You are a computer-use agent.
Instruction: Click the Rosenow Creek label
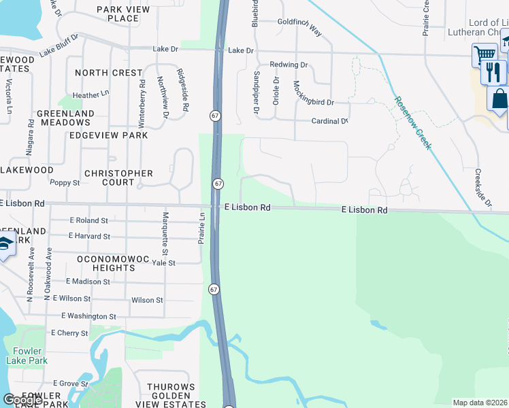click(412, 122)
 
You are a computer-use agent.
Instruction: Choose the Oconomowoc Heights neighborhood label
click(106, 263)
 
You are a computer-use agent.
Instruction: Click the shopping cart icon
click(485, 54)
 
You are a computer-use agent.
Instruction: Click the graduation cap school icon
click(5, 244)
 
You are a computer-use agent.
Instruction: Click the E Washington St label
click(88, 316)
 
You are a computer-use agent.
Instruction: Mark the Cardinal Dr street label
click(329, 122)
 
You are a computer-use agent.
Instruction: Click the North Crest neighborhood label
click(109, 73)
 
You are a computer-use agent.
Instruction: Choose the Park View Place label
click(118, 14)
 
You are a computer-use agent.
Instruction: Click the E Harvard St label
click(89, 236)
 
